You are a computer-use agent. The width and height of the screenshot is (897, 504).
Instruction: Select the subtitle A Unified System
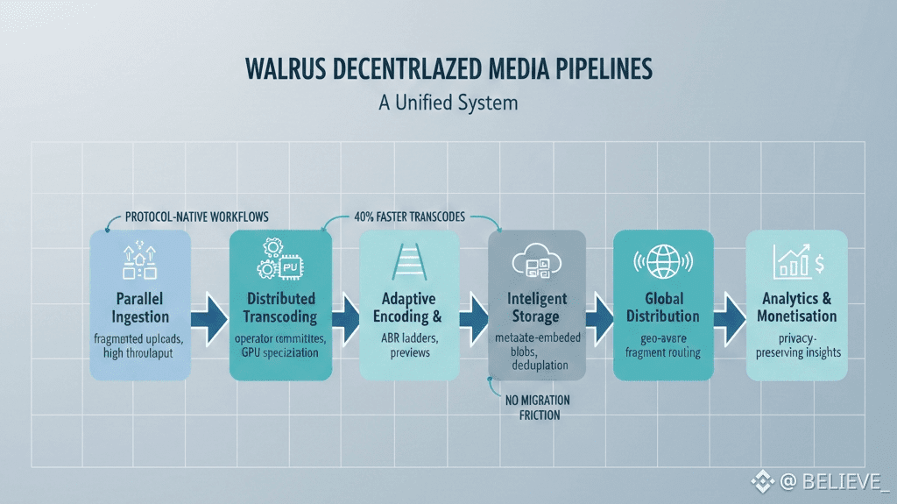[x=448, y=103]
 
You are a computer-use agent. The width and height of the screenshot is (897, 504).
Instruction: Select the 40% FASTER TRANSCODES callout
[x=410, y=217]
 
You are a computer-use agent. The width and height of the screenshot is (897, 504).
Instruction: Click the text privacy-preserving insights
[x=795, y=344]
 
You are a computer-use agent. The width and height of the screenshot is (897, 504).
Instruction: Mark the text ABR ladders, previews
[x=409, y=345]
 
